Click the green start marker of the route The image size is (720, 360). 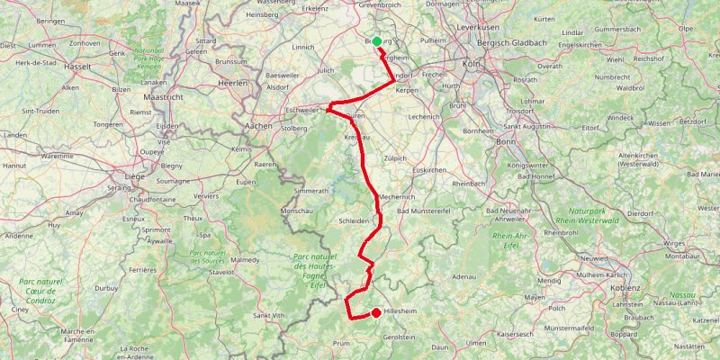(x=377, y=40)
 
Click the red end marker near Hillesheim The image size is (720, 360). (x=375, y=313)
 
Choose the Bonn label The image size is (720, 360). (x=505, y=142)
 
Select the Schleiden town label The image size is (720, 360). (x=355, y=220)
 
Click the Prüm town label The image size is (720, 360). (x=341, y=344)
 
